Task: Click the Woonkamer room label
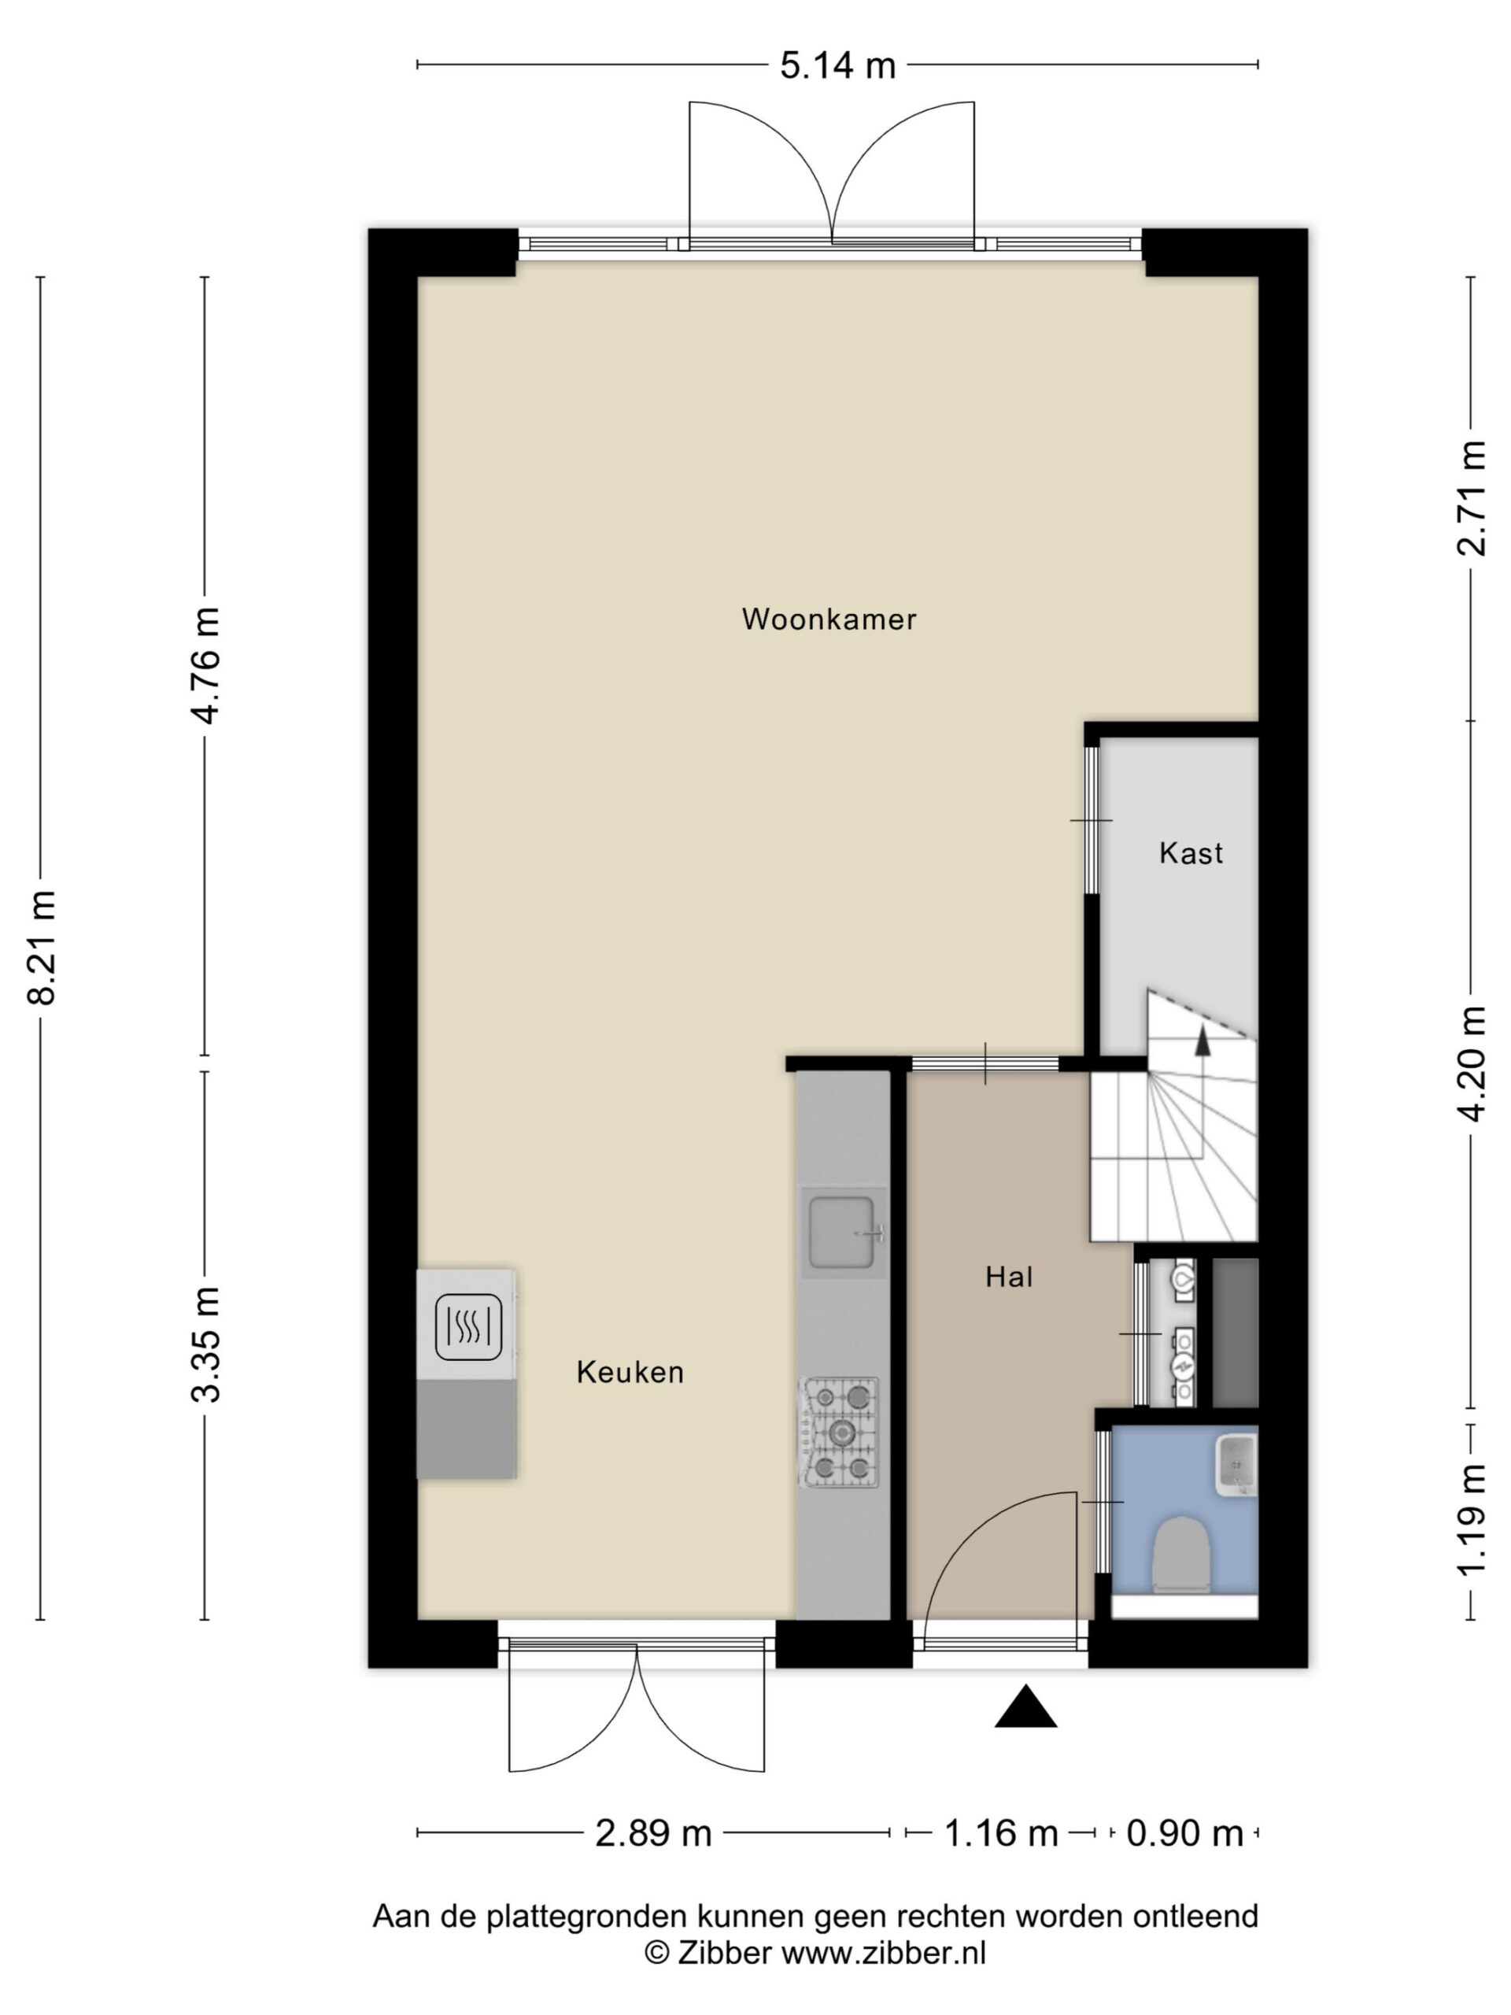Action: [828, 619]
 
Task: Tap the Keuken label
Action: [630, 1372]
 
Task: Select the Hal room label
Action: [1009, 1277]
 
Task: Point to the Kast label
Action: [1191, 852]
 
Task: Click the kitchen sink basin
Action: [843, 1233]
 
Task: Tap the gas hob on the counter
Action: [840, 1433]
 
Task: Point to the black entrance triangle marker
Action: [1025, 1706]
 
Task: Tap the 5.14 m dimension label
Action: [838, 65]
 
